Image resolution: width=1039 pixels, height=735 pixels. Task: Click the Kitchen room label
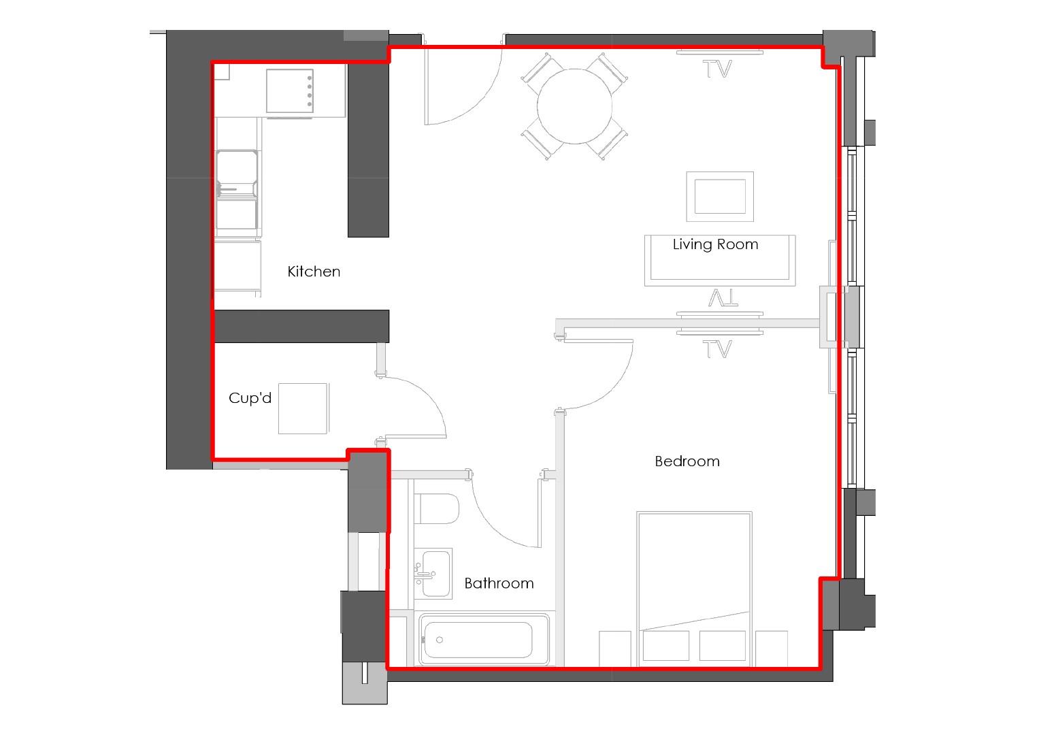[314, 272]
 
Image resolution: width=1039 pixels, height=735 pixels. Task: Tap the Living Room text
[715, 244]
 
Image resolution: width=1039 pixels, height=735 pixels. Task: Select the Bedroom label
[687, 461]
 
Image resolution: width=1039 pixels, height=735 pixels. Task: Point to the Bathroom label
[499, 583]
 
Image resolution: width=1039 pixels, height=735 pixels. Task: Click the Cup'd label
[250, 398]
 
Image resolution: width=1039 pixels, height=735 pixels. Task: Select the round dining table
[574, 106]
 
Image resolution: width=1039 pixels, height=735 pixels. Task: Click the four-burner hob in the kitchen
[290, 91]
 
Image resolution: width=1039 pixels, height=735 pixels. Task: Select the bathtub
[485, 640]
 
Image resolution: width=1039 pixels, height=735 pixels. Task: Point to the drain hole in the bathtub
[440, 640]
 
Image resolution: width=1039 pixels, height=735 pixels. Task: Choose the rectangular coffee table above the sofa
[720, 196]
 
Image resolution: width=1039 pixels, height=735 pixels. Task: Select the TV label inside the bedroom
[717, 349]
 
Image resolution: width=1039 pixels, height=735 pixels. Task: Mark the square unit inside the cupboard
[303, 408]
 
